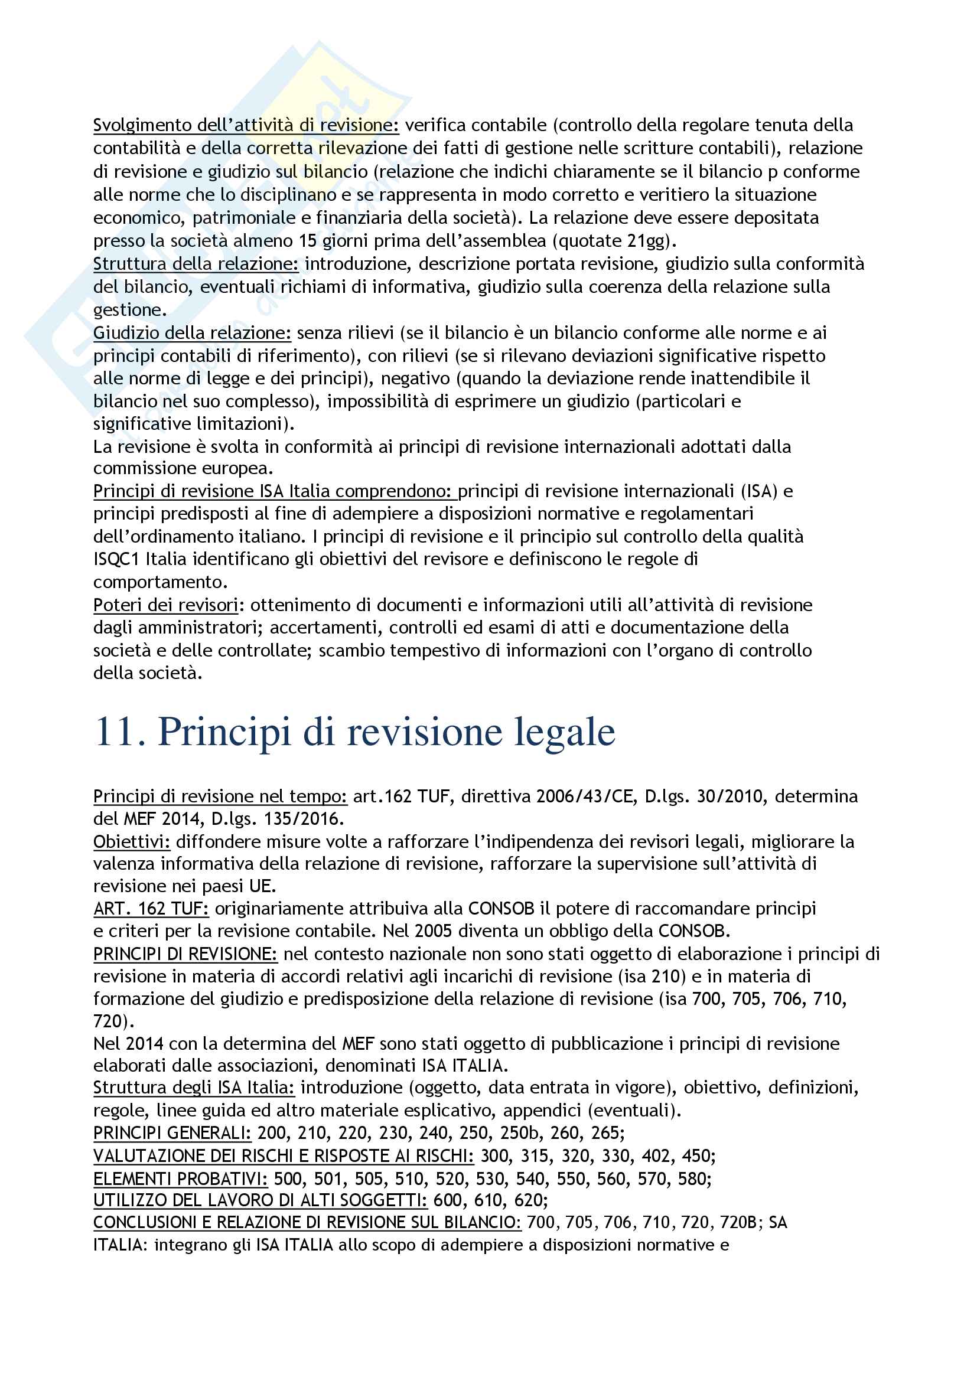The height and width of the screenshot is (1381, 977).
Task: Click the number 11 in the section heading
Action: click(119, 733)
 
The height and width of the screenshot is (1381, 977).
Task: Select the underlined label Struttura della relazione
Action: click(196, 264)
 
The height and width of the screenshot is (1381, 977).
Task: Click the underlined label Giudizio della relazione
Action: click(192, 332)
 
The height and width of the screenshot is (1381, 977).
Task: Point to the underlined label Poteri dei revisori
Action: click(165, 605)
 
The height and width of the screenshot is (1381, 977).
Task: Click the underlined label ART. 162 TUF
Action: click(151, 908)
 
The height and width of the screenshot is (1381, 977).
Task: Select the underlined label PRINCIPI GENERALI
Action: click(172, 1133)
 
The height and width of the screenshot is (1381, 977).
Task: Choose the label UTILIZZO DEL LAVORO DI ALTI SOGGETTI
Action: click(260, 1200)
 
